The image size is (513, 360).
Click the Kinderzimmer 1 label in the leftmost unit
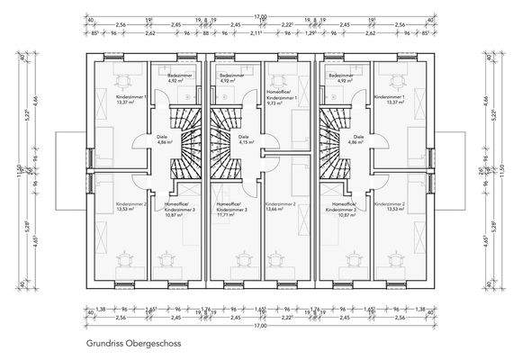coord(130,95)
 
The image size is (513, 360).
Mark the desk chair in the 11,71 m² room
coord(239,262)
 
